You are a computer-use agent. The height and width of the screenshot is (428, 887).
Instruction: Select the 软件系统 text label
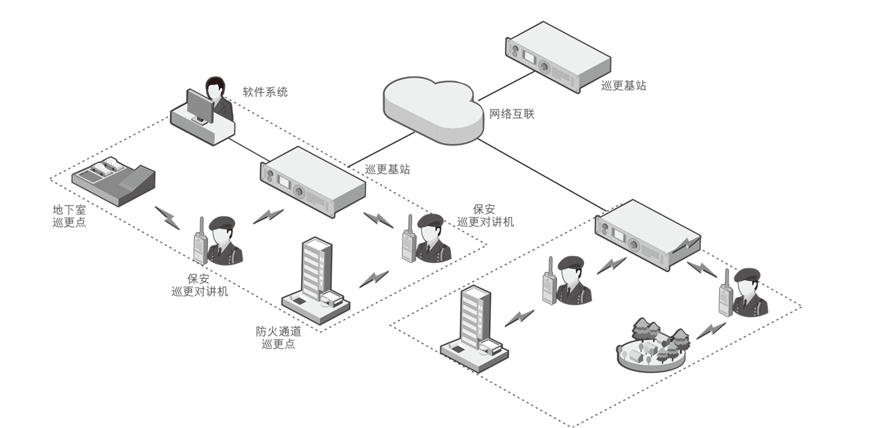[x=264, y=92]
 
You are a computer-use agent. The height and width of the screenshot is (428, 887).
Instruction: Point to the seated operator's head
[x=215, y=88]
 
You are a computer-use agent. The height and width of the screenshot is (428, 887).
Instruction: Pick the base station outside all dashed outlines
[x=558, y=56]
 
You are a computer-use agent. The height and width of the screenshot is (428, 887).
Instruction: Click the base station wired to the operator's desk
[x=313, y=182]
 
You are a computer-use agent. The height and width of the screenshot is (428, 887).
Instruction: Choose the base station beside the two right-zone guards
[x=648, y=236]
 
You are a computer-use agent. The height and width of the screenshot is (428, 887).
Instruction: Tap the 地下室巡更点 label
[x=69, y=216]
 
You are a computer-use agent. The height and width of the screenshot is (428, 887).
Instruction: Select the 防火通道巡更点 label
[x=278, y=338]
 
